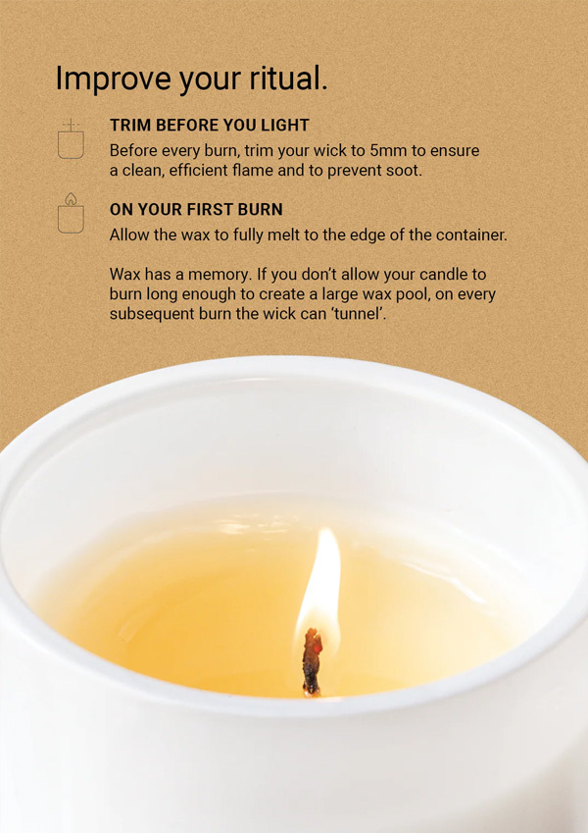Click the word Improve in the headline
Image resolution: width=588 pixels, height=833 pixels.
pos(114,78)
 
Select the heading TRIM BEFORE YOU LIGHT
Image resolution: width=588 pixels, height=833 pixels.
pos(209,126)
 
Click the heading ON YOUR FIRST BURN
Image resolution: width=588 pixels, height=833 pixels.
pos(196,209)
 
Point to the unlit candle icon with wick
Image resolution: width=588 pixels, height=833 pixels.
pos(71,138)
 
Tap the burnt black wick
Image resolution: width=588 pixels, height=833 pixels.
pos(312,662)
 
